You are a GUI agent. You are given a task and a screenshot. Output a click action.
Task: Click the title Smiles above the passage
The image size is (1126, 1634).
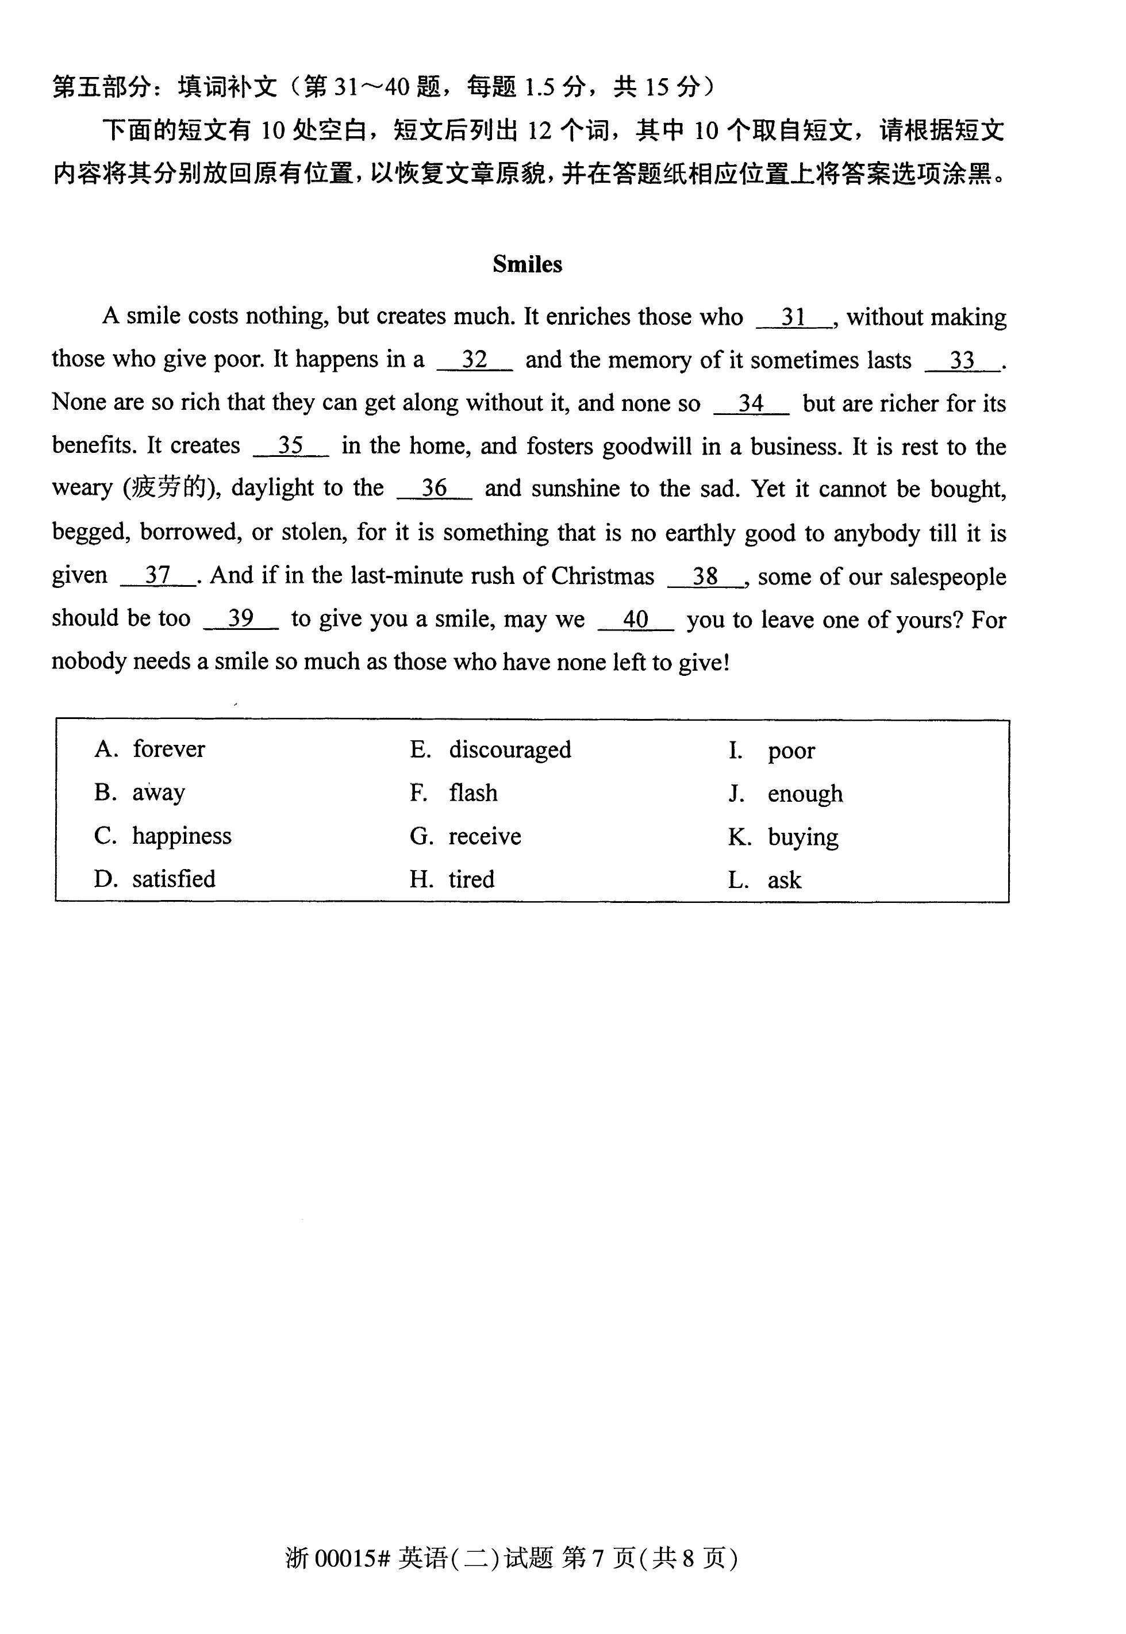click(527, 264)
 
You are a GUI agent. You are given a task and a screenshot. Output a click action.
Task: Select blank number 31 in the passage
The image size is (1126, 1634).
click(794, 318)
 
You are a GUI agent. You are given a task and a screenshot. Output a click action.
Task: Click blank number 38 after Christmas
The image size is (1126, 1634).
click(705, 576)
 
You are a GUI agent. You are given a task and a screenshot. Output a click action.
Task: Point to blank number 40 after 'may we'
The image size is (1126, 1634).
click(636, 620)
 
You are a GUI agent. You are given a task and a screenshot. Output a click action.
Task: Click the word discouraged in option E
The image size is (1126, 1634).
click(509, 749)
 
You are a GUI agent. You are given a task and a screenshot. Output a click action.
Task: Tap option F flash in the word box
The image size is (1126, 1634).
click(472, 793)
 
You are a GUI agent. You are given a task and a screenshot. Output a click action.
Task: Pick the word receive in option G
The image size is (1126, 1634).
click(485, 836)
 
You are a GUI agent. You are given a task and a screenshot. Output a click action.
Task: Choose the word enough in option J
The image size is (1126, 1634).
click(805, 794)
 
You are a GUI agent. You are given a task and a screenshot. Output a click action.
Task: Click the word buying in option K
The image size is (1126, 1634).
click(803, 837)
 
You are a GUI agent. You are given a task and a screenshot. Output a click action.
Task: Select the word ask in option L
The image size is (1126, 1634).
click(785, 880)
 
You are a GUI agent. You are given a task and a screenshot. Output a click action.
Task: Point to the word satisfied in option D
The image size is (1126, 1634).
click(174, 879)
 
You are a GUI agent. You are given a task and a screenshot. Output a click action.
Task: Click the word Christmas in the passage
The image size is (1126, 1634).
click(602, 576)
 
